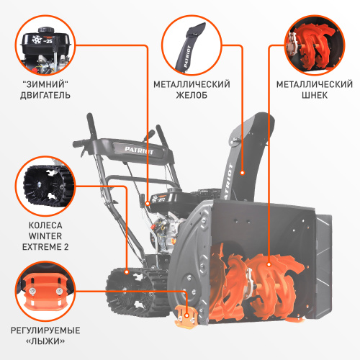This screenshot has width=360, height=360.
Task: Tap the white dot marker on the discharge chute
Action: [243, 173]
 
